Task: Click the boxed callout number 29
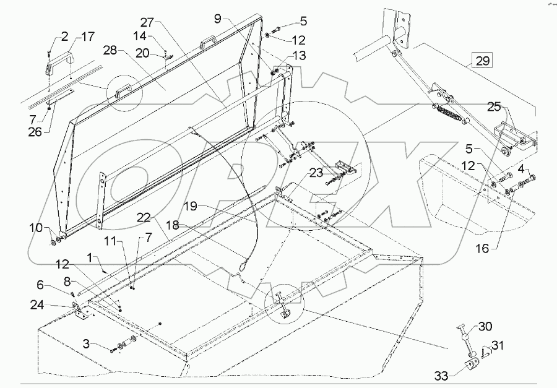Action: tap(483, 61)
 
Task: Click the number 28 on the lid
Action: tap(127, 49)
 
